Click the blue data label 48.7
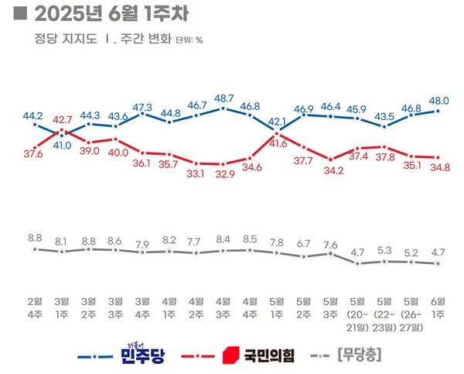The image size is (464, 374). [x=224, y=98]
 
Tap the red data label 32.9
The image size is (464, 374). [x=224, y=174]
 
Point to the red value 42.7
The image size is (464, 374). [x=62, y=119]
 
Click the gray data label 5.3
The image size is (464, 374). [x=385, y=249]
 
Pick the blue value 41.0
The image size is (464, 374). [x=62, y=144]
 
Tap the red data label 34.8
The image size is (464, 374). [x=439, y=167]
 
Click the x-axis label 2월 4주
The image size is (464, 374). [x=35, y=306]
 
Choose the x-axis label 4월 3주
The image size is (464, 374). [x=223, y=306]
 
